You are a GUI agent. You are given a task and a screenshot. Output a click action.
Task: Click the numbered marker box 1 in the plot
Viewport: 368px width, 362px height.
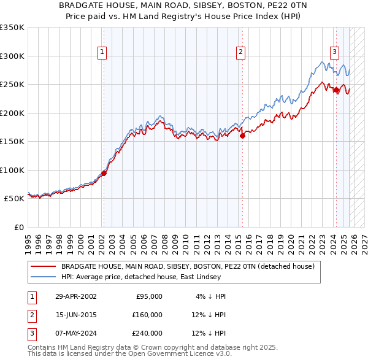(102, 52)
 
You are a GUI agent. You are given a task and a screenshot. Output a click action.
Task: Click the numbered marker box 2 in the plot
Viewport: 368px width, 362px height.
(241, 52)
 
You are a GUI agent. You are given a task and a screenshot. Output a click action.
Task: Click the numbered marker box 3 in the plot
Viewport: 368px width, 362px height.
(335, 52)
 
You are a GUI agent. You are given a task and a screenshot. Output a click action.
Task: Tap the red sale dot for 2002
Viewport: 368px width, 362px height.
(104, 173)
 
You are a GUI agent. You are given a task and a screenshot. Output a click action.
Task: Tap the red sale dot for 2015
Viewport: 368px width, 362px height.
(242, 136)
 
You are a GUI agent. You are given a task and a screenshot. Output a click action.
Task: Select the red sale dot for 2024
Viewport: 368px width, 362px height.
(336, 90)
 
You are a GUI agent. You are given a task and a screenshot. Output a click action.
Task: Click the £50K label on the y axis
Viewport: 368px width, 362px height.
(13, 199)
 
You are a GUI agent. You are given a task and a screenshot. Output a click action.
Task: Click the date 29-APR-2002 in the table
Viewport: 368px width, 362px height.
(76, 296)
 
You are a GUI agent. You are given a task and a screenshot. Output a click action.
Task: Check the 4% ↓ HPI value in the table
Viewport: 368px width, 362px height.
(210, 296)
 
